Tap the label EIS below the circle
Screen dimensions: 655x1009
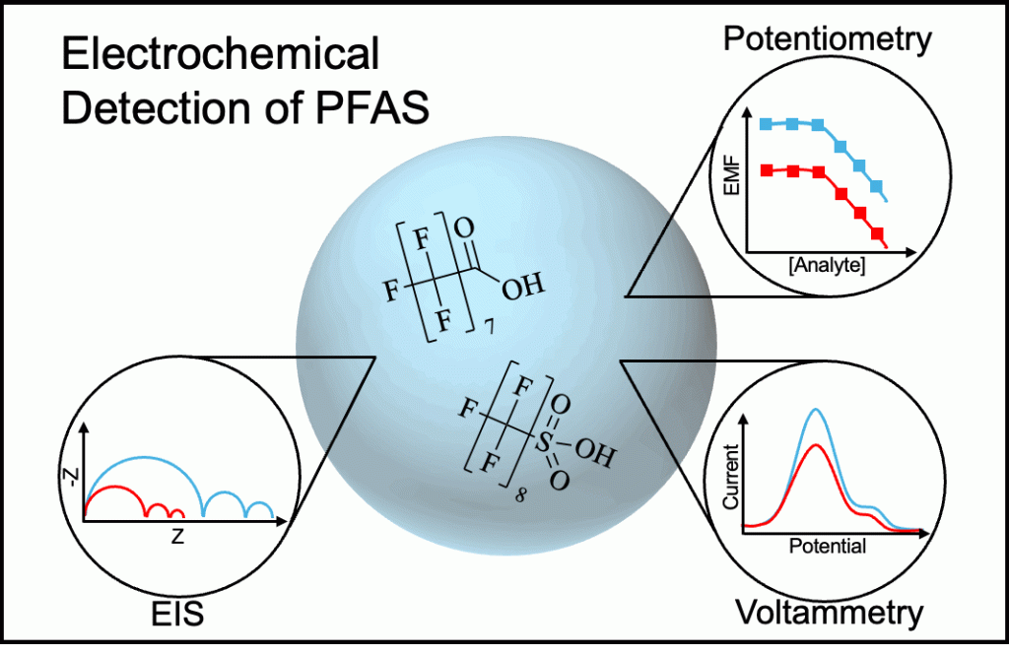[x=177, y=614]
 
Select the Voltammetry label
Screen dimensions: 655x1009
[x=830, y=612]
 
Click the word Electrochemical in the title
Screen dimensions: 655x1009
[x=220, y=54]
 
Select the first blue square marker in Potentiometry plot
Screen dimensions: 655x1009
[x=767, y=125]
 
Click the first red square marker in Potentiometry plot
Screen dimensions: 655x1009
[x=767, y=171]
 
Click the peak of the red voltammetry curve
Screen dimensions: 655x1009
[x=815, y=444]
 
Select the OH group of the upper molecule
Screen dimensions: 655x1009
[x=521, y=287]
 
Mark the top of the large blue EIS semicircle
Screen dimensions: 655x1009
[x=143, y=457]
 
